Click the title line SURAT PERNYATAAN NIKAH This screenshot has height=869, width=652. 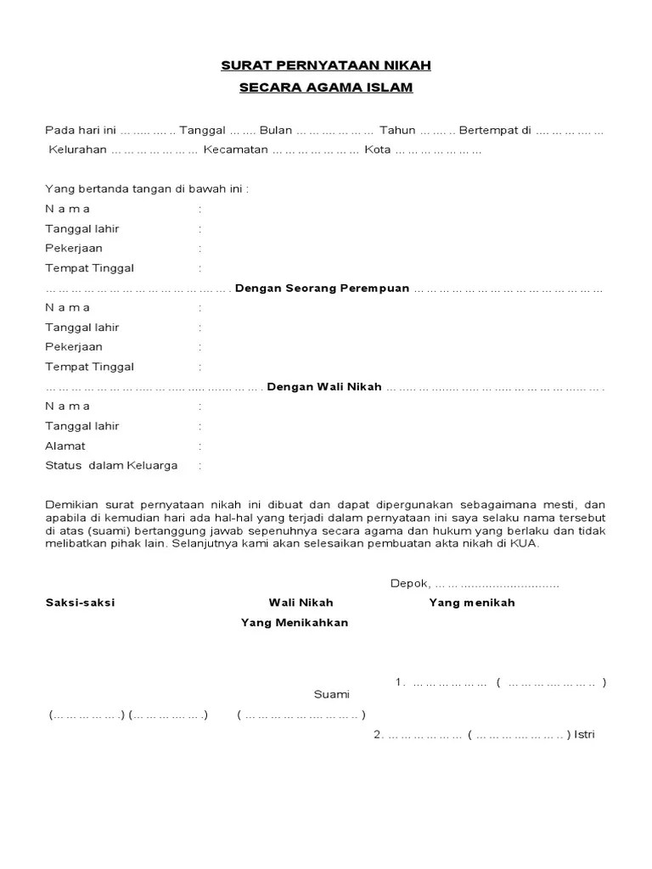point(326,65)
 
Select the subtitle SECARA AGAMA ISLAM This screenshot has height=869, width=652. point(326,87)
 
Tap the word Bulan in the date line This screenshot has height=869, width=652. point(275,131)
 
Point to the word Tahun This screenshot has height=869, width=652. point(397,131)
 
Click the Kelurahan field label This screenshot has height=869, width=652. point(77,150)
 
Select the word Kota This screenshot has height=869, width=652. point(378,150)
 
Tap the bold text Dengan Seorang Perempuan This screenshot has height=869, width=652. point(323,289)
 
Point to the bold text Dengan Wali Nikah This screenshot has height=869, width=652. point(324,387)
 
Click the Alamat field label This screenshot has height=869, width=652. point(65,446)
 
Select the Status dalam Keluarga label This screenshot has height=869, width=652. point(111,465)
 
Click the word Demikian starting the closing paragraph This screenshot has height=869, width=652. point(70,504)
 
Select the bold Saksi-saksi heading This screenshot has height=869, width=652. point(80,603)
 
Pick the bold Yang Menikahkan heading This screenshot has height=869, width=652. point(295,622)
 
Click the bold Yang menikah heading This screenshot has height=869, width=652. point(472,603)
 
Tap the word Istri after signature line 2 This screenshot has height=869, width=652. point(585,735)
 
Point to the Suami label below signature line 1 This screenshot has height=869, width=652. point(331,694)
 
